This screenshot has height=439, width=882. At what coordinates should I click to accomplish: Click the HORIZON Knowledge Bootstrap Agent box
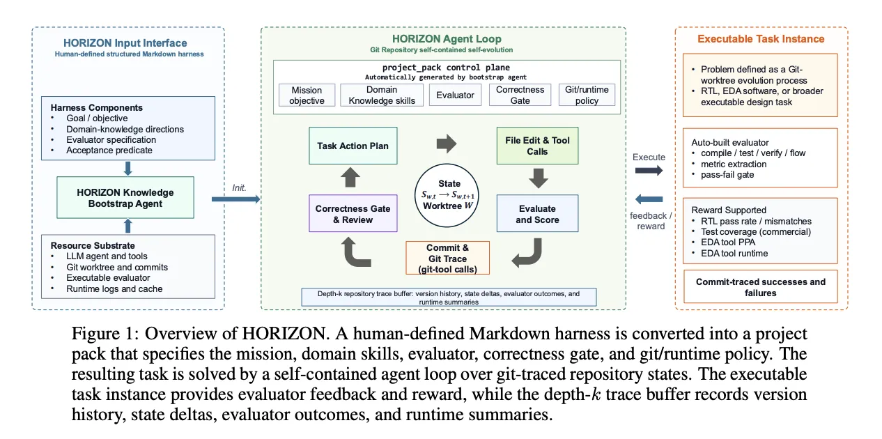tap(125, 198)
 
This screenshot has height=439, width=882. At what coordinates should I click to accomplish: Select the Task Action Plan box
tap(353, 146)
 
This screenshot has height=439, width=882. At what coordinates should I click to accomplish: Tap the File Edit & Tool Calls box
tap(537, 146)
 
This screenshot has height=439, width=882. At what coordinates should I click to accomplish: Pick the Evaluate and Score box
tap(537, 213)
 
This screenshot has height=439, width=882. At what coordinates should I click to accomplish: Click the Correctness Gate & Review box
tap(353, 213)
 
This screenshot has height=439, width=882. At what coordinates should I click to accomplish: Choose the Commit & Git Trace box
tap(448, 258)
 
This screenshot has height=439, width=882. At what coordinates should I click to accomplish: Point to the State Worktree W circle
tap(447, 195)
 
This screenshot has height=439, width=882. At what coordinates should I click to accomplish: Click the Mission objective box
tap(307, 95)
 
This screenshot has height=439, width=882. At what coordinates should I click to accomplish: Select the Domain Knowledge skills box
tap(382, 95)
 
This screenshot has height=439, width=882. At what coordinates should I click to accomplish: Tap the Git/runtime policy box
tap(587, 95)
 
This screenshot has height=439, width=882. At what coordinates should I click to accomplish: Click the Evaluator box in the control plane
tap(455, 95)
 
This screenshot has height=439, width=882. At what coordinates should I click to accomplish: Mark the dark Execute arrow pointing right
tap(649, 171)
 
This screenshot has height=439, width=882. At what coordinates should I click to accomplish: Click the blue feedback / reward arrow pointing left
tap(649, 199)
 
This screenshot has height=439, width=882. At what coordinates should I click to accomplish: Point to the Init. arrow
tap(236, 199)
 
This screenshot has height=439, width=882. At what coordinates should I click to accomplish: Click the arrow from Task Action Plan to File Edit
tap(447, 144)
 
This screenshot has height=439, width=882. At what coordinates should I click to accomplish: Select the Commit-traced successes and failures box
tap(760, 286)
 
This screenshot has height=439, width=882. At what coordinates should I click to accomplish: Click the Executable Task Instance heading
tap(761, 39)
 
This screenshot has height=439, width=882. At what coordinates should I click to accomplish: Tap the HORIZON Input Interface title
tap(125, 43)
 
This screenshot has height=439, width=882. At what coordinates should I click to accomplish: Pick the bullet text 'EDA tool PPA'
tap(728, 242)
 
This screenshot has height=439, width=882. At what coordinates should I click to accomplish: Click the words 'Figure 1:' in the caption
tap(105, 334)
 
